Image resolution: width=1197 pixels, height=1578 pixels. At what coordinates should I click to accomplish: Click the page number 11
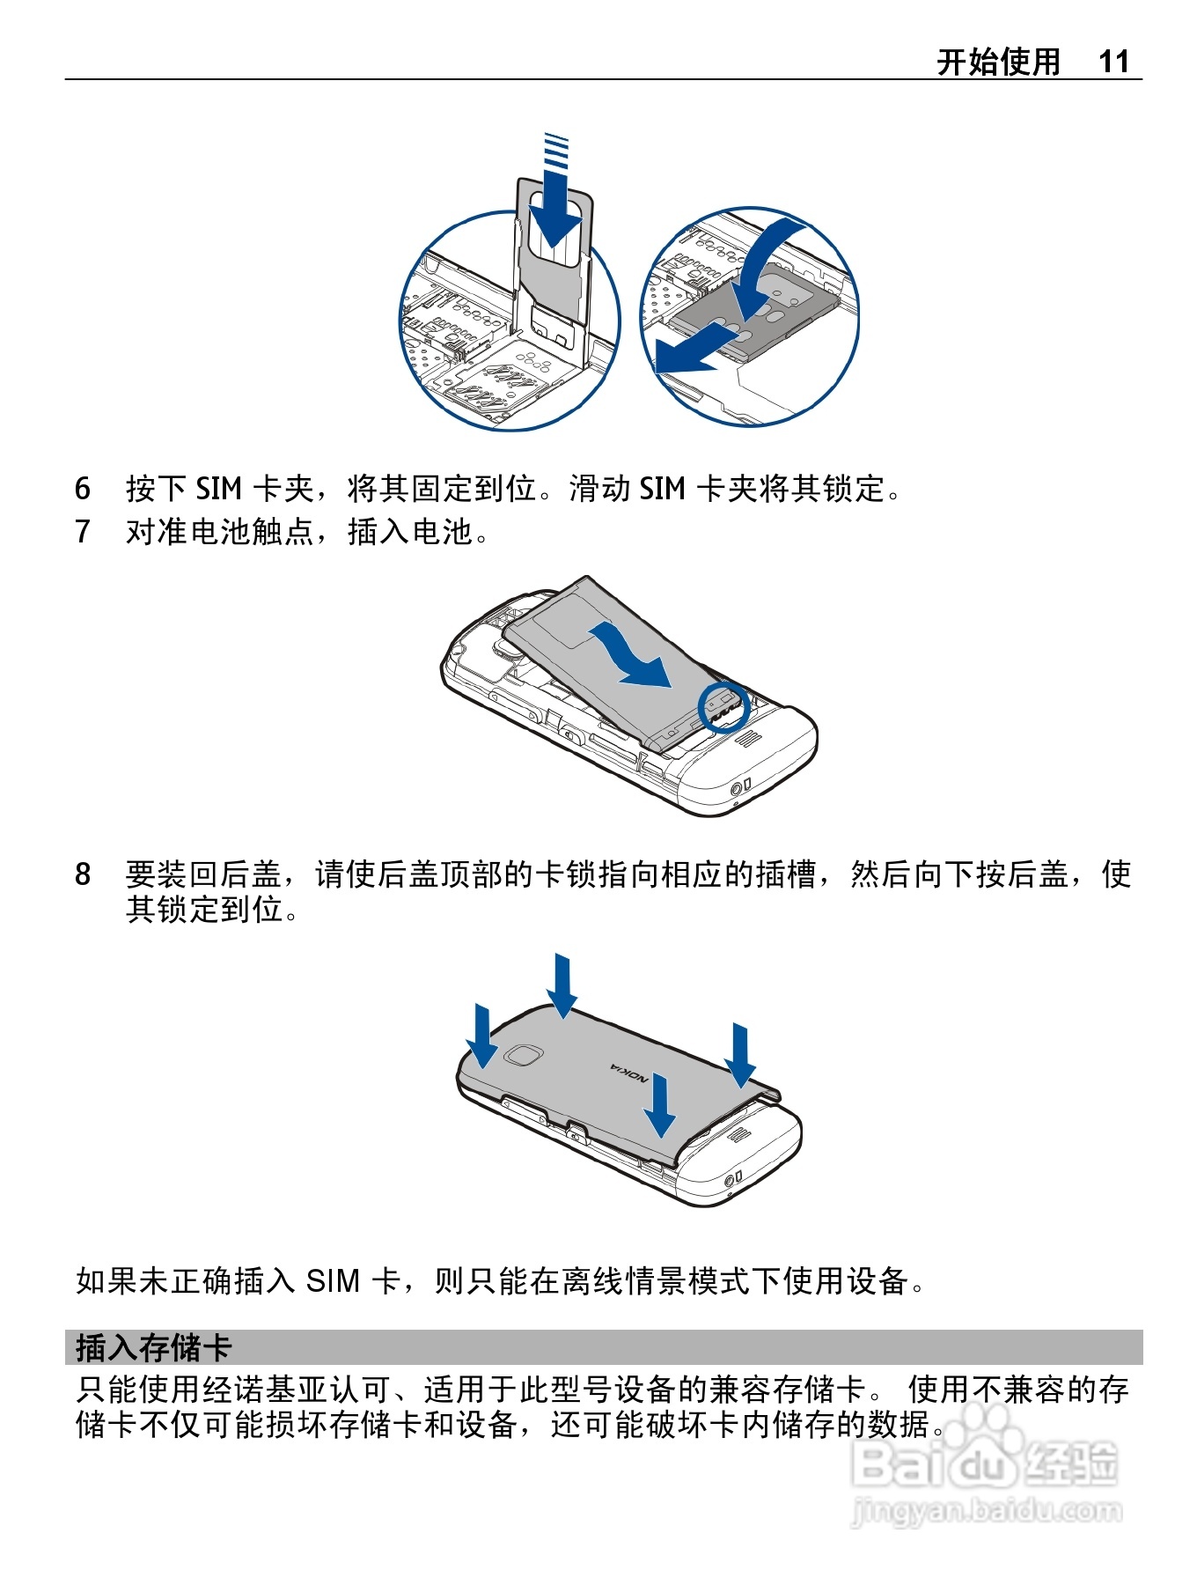click(1113, 62)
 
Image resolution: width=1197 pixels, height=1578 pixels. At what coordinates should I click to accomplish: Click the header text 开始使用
click(998, 62)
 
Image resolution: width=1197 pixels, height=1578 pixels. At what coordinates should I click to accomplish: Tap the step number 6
click(83, 488)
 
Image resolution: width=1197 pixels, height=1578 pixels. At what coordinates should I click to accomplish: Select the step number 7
click(83, 531)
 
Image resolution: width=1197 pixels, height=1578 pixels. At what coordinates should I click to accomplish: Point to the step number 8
click(83, 874)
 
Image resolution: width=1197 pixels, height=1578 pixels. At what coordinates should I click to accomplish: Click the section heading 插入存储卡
click(153, 1347)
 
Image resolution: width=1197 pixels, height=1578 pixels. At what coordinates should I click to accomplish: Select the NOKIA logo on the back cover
click(630, 1073)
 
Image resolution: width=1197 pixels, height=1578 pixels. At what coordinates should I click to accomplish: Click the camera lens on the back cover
click(524, 1055)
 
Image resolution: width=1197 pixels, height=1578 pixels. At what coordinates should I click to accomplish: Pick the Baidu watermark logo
click(986, 1462)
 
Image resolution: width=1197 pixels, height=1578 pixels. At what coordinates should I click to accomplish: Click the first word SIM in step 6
click(218, 488)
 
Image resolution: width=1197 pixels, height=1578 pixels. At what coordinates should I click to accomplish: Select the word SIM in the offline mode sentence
click(333, 1280)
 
